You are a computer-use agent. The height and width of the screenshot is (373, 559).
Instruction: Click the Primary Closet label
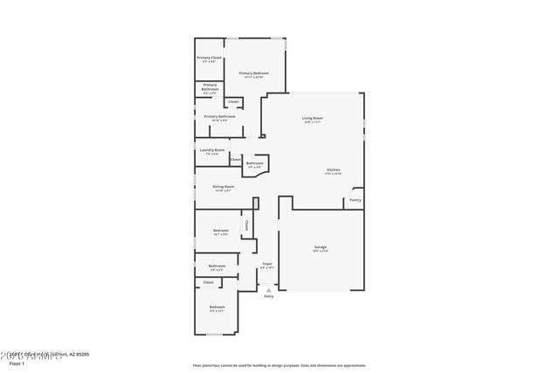click(208, 58)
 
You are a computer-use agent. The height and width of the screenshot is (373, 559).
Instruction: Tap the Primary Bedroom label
click(253, 73)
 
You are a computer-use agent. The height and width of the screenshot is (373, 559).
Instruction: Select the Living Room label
click(313, 118)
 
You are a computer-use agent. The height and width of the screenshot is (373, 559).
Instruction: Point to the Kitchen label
click(334, 169)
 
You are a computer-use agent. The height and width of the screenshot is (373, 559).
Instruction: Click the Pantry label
click(355, 200)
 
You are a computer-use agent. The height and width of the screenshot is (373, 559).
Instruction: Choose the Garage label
click(321, 247)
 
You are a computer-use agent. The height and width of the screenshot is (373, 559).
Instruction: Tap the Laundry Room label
click(211, 149)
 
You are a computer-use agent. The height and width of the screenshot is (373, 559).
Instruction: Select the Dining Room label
click(224, 186)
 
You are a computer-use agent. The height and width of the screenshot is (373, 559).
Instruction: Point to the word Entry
click(268, 297)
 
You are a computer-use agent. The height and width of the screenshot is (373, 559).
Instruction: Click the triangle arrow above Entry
click(268, 289)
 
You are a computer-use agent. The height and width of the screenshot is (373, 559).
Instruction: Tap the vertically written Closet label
click(246, 224)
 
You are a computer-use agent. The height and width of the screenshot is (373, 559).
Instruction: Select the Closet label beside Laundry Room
click(236, 160)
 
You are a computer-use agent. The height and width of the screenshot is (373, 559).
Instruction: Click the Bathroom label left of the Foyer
click(217, 266)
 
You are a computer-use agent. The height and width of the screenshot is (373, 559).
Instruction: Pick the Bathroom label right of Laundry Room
click(254, 163)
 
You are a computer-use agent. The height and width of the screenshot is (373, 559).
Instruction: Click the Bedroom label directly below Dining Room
click(220, 231)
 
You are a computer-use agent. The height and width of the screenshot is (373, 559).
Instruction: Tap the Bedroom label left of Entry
click(217, 307)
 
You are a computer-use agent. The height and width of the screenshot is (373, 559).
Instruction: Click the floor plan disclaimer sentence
click(279, 366)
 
